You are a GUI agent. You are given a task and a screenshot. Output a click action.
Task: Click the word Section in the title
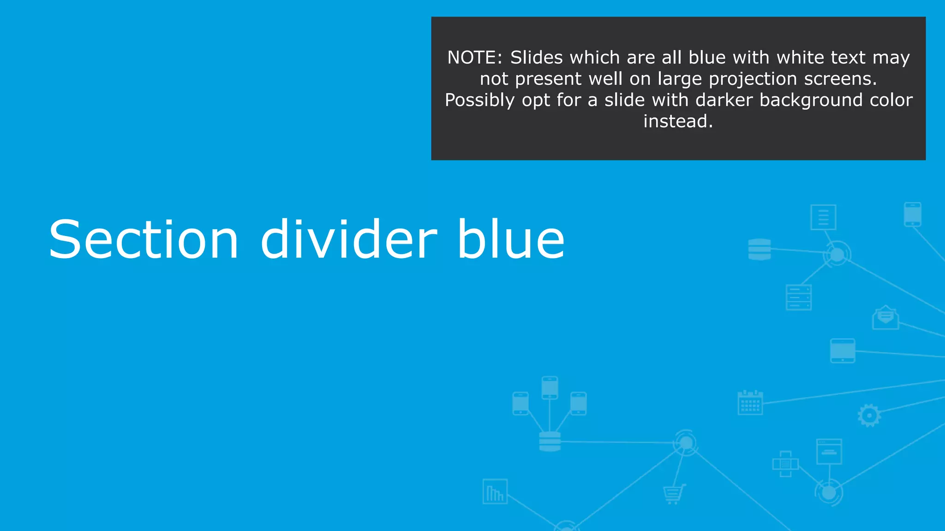click(144, 239)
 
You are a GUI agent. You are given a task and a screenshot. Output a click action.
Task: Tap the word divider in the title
click(348, 239)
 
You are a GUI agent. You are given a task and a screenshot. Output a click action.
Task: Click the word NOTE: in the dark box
click(475, 58)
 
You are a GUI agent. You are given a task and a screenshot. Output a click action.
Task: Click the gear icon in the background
click(869, 416)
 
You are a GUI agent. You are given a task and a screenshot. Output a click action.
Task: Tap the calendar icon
click(750, 402)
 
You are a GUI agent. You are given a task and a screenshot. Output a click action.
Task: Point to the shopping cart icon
click(674, 494)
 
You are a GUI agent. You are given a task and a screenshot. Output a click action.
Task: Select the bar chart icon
click(495, 492)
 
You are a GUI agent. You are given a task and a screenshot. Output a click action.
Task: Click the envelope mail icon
click(885, 318)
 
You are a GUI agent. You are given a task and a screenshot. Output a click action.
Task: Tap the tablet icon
click(843, 351)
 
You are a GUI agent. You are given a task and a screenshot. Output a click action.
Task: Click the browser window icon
click(829, 451)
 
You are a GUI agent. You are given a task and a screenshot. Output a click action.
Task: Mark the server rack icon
click(798, 297)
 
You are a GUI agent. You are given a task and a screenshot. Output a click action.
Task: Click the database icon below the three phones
click(550, 441)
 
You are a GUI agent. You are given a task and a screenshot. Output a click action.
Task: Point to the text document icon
click(823, 217)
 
